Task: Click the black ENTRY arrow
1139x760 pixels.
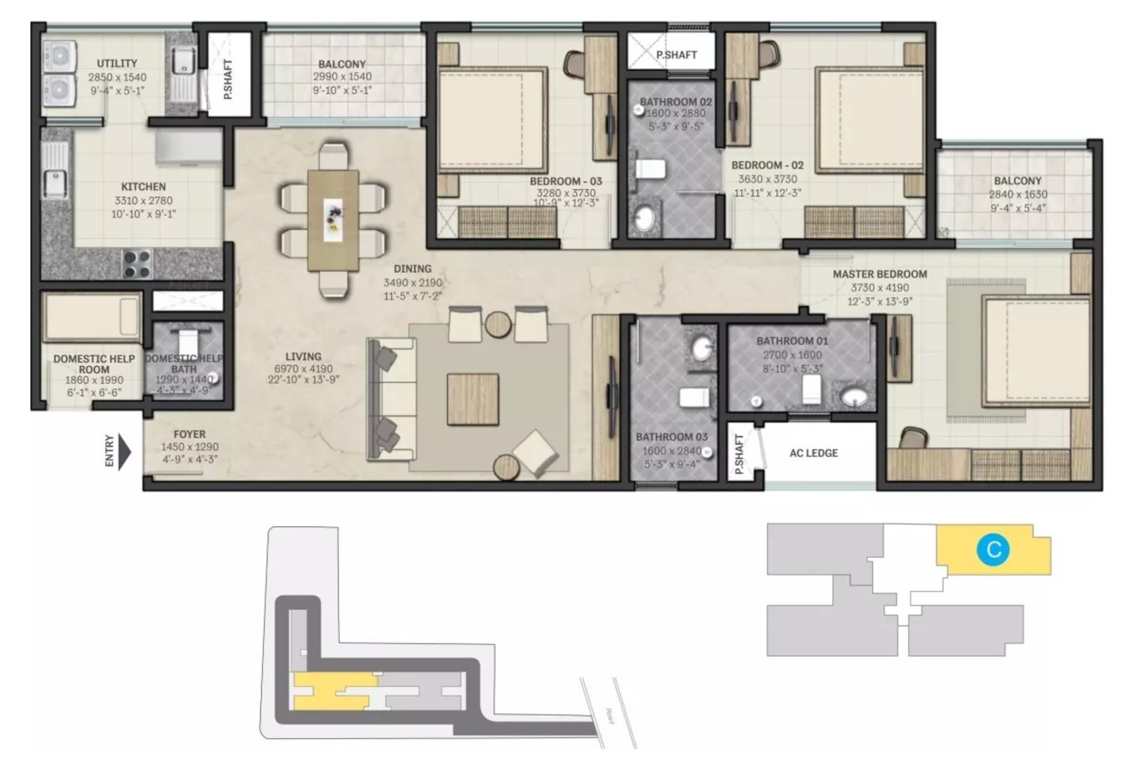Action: click(125, 452)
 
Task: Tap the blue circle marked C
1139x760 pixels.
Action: click(993, 549)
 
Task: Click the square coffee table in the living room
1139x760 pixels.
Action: click(473, 399)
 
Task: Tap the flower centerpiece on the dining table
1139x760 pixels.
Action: click(333, 214)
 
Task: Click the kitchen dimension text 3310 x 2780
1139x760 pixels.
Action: click(144, 200)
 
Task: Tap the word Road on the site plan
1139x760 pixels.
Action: click(609, 716)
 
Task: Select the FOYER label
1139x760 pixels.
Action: click(189, 434)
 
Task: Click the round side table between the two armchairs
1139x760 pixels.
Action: click(498, 324)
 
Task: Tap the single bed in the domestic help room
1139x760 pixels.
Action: click(91, 316)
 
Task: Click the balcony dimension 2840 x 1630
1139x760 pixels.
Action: click(1018, 194)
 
